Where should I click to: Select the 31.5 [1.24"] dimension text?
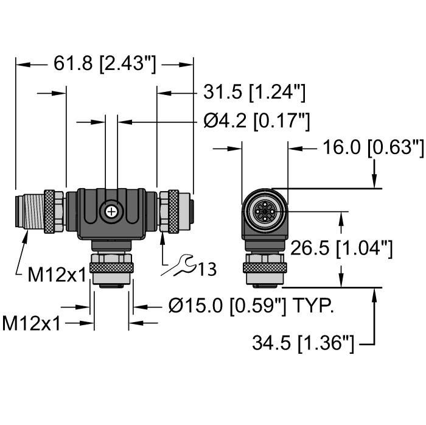click(253, 93)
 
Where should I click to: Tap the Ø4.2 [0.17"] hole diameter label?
click(256, 122)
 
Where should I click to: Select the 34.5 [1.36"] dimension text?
click(302, 344)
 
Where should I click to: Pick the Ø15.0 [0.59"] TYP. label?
click(251, 307)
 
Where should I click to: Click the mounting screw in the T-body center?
click(111, 211)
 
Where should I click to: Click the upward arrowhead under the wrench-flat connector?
click(162, 236)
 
